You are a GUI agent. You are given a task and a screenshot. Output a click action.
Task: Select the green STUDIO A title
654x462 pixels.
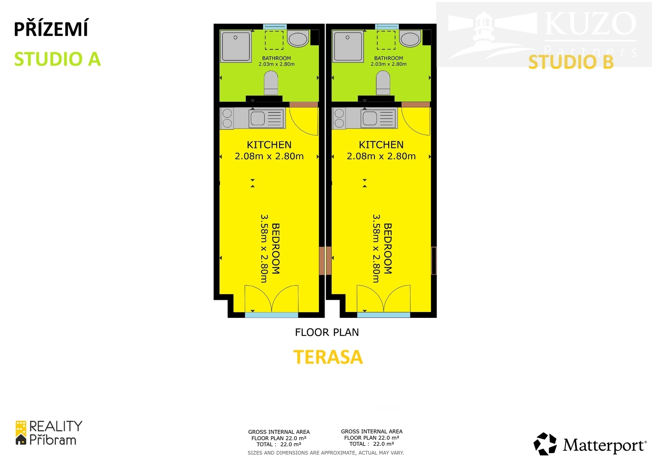click(x=58, y=59)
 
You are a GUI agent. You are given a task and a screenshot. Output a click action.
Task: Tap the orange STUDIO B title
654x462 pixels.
click(x=571, y=62)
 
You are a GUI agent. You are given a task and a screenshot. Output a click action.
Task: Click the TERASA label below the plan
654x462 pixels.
click(x=328, y=357)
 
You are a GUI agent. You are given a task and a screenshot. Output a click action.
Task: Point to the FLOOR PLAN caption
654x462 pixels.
click(x=327, y=333)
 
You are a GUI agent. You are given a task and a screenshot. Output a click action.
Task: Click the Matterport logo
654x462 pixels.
click(x=589, y=444)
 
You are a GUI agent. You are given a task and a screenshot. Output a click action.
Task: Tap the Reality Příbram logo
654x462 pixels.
click(x=49, y=433)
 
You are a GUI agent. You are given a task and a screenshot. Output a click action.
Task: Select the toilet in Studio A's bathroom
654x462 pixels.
click(x=271, y=83)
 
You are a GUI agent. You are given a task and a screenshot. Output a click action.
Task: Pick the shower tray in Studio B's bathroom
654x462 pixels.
click(x=347, y=46)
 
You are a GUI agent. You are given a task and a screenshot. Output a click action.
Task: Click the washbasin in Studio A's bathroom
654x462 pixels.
click(x=298, y=38)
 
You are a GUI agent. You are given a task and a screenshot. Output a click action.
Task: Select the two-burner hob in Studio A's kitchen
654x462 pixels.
click(x=227, y=118)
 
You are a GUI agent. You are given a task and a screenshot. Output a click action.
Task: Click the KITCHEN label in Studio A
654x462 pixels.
click(x=269, y=145)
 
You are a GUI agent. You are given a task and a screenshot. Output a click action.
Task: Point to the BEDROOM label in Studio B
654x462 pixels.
click(x=388, y=249)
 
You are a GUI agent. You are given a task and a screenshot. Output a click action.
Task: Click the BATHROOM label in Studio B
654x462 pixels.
click(x=388, y=58)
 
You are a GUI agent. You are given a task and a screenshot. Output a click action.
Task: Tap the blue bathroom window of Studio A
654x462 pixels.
click(x=275, y=27)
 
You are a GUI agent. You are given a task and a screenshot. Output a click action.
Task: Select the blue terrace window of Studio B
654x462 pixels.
click(x=383, y=315)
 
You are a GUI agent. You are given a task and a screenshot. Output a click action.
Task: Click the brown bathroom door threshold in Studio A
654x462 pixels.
click(x=303, y=105)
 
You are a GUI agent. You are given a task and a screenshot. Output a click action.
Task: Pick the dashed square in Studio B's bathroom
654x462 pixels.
click(x=386, y=40)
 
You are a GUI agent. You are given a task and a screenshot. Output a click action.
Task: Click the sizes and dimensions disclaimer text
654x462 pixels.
click(x=325, y=453)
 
